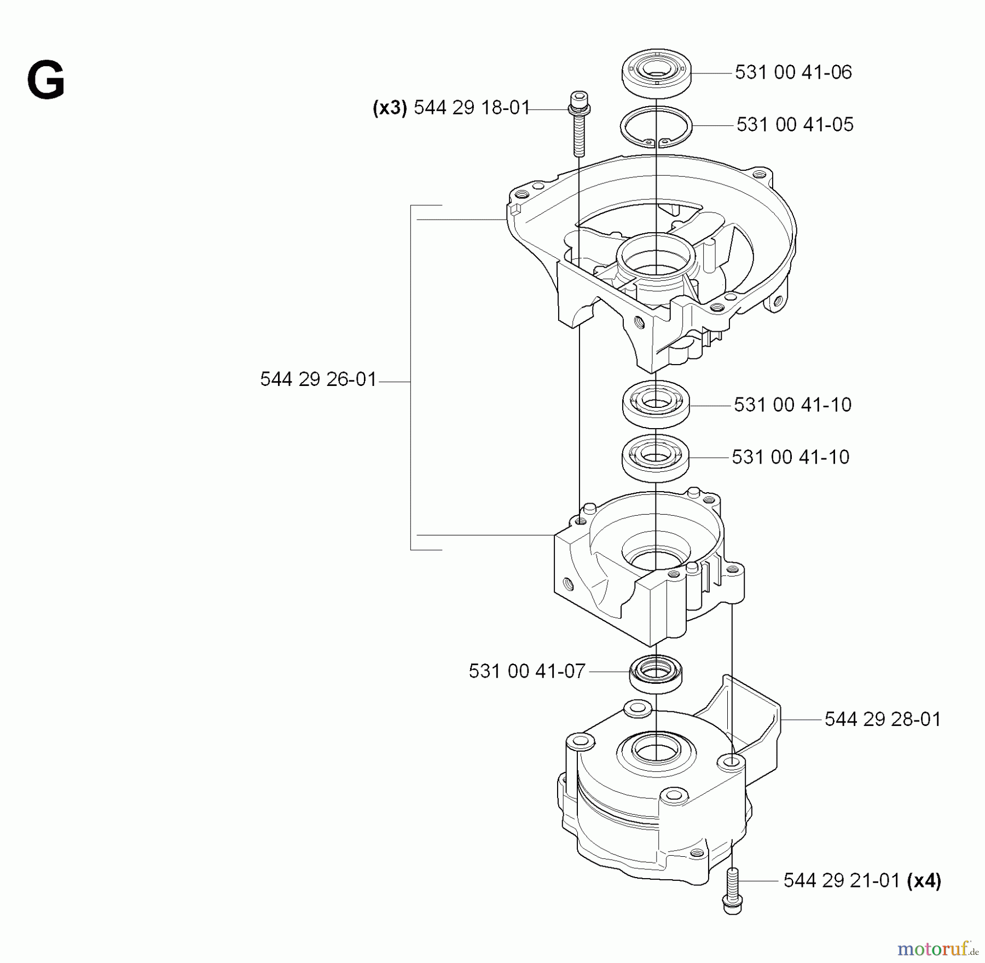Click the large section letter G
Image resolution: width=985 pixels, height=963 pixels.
tap(46, 81)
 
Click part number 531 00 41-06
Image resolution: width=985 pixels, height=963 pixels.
tap(793, 72)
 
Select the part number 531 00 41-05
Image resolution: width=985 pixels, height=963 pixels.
tap(795, 124)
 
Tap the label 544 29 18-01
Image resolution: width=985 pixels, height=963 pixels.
tap(472, 107)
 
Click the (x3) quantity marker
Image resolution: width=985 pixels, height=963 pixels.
tap(390, 108)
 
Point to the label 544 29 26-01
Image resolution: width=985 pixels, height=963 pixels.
tap(318, 379)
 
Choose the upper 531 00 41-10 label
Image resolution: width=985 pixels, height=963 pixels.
tap(792, 405)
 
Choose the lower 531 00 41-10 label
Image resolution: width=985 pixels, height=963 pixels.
tap(790, 457)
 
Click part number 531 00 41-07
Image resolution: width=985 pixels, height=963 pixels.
tap(527, 671)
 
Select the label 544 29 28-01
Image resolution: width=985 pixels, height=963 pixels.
tap(883, 719)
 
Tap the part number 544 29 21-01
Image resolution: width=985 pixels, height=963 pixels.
tap(841, 880)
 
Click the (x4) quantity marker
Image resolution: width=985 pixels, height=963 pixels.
tap(924, 880)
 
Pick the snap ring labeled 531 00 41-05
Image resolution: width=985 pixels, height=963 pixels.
tap(657, 127)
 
